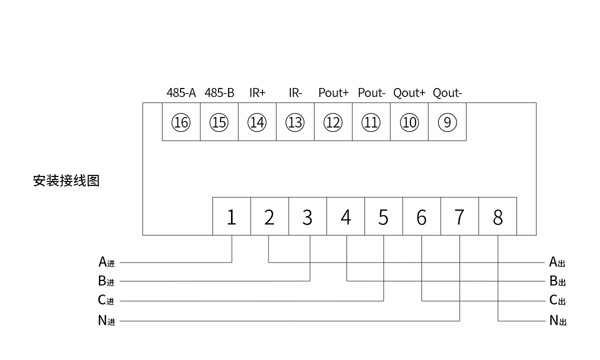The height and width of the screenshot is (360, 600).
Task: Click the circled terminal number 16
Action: (x=181, y=122)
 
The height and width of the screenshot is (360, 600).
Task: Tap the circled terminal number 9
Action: (x=447, y=122)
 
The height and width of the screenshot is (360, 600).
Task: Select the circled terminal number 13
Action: (x=295, y=122)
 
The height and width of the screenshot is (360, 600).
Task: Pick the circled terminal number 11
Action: (x=371, y=122)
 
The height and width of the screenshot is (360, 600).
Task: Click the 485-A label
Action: (x=181, y=93)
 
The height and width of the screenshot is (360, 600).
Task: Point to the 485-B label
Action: (x=219, y=93)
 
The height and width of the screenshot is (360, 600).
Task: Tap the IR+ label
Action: (x=257, y=93)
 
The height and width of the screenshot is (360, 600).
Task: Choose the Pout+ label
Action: (x=333, y=93)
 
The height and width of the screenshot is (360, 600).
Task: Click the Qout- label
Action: (x=447, y=93)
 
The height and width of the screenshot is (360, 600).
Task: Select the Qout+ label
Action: (x=409, y=93)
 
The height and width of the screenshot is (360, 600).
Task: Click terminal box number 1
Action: (x=231, y=217)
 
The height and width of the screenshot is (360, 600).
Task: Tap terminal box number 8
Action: (x=497, y=217)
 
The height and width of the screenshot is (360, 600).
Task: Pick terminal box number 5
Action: (x=383, y=217)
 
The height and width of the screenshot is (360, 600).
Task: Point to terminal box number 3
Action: (x=307, y=217)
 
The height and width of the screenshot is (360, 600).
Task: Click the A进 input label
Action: (x=106, y=262)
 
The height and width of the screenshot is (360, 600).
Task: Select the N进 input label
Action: (x=106, y=321)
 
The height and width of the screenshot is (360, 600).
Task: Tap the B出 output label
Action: (x=557, y=281)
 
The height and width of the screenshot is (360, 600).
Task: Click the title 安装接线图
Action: (x=66, y=180)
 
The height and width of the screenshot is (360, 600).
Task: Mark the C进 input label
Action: (x=106, y=300)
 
